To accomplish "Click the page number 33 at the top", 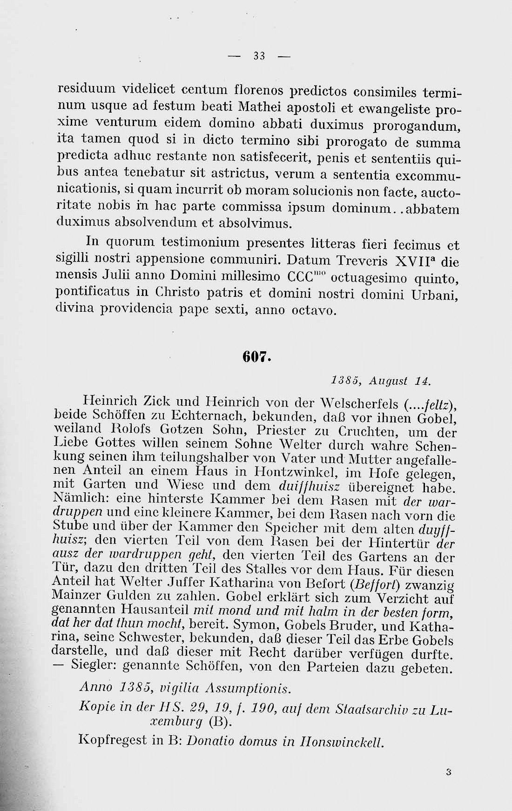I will [259, 57].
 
